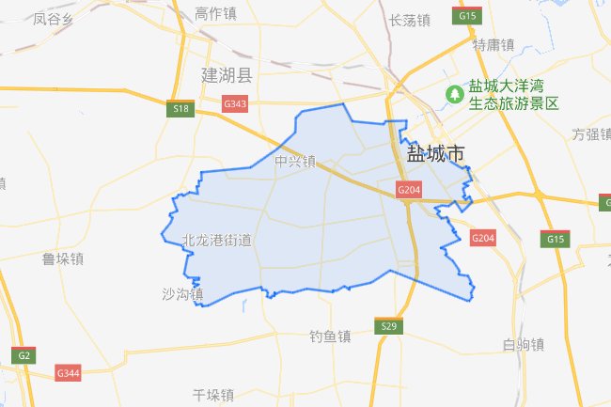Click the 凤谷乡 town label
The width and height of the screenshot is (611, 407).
click(53, 18)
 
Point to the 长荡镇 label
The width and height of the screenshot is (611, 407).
click(409, 19)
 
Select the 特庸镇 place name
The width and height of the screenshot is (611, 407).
click(493, 44)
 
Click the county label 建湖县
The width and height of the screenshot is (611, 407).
click(227, 75)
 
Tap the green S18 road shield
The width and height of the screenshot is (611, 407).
click(181, 110)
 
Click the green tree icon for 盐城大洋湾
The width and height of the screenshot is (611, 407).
click(454, 94)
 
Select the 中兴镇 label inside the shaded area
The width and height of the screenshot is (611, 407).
click(295, 162)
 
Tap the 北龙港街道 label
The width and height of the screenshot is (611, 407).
click(217, 241)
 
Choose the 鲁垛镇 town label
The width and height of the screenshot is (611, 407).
click(64, 258)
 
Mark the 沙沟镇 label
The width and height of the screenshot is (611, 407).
click(182, 295)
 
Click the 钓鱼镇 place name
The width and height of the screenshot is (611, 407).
click(330, 336)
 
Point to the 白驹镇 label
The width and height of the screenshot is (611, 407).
click(524, 344)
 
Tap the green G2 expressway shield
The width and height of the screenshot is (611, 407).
click(23, 354)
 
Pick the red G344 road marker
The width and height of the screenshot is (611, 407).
click(69, 373)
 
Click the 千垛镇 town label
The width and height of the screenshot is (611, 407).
click(211, 395)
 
